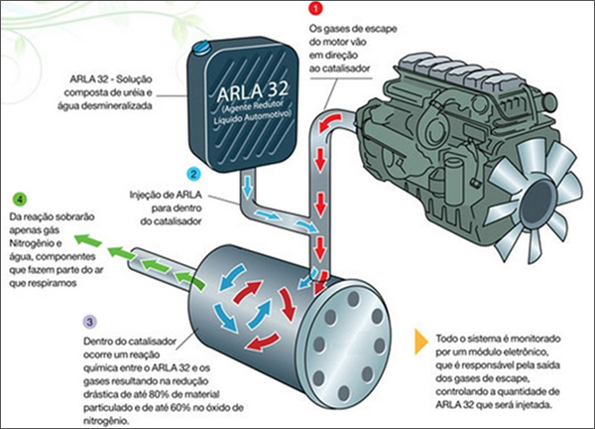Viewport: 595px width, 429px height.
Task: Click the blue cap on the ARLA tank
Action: click(203, 44)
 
